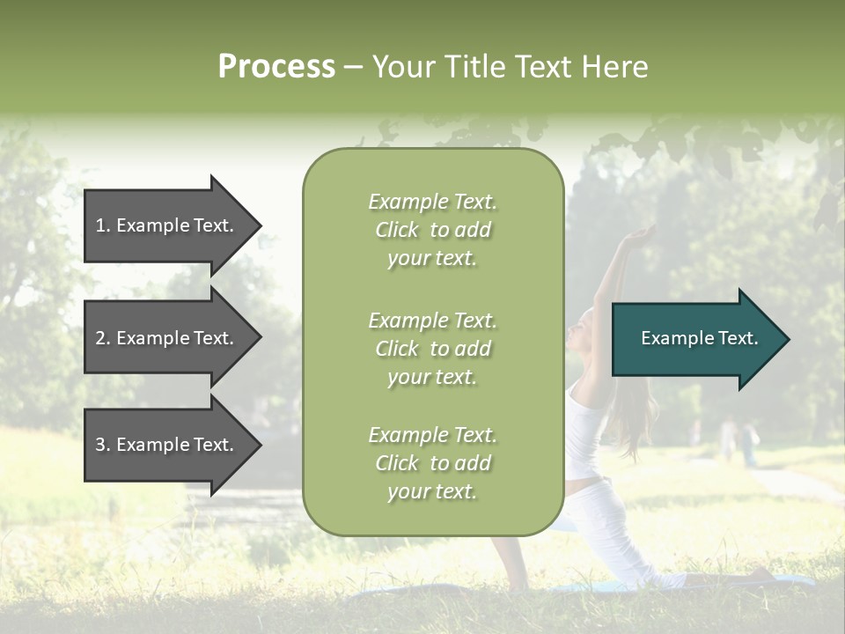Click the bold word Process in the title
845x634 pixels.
point(276,66)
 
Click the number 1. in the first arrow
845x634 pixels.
point(103,225)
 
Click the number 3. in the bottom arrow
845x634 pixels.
point(103,445)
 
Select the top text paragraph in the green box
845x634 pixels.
point(432,230)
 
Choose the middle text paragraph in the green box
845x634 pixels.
point(432,349)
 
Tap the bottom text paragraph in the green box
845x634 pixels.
point(432,463)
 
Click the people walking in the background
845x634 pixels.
point(738,440)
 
